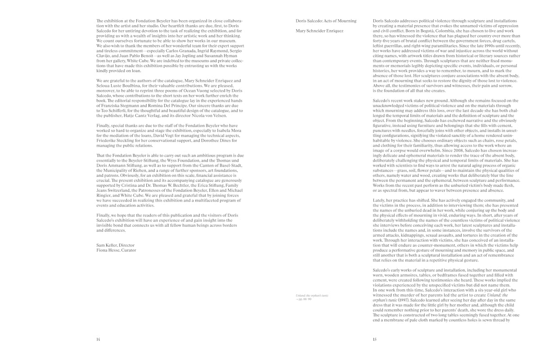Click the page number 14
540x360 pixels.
[x=98, y=340]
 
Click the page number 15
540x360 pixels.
[x=375, y=340]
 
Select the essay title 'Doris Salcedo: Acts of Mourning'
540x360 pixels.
[x=326, y=21]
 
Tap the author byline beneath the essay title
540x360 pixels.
[x=319, y=31]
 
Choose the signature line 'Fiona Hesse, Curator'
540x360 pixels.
[x=116, y=250]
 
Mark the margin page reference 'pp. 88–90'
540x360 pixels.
[x=305, y=299]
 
